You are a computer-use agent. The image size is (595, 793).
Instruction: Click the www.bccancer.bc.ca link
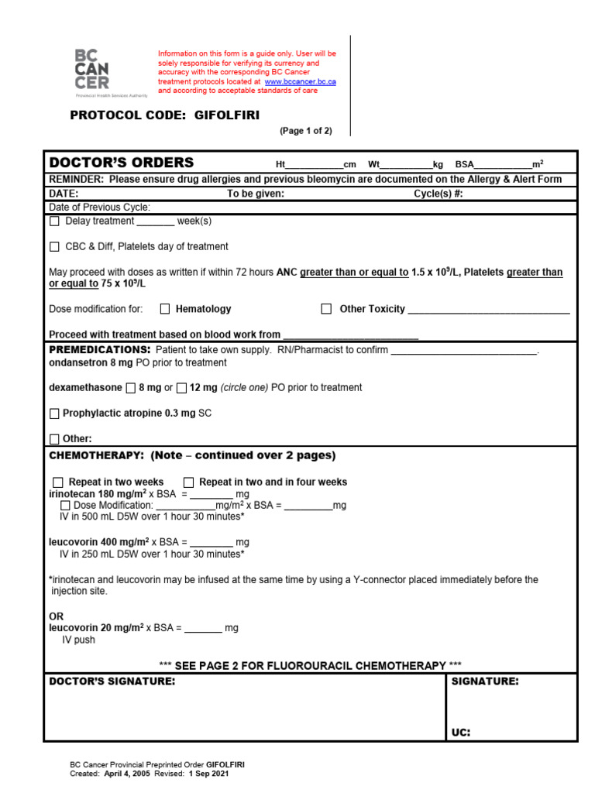300,81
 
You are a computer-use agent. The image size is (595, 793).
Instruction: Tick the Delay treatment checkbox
54,221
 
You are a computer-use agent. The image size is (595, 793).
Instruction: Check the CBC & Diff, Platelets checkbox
54,247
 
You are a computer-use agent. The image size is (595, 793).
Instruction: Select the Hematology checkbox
165,309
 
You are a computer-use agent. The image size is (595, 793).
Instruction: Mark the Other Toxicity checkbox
326,309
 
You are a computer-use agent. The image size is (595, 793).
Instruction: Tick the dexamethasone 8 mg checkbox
130,388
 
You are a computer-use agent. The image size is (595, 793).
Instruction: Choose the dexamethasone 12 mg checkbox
181,388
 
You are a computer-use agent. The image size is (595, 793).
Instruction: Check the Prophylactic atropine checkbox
54,414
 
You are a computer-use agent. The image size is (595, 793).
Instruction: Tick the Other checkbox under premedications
54,439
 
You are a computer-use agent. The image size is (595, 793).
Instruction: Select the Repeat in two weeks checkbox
58,482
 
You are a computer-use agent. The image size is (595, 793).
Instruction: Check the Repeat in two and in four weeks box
188,482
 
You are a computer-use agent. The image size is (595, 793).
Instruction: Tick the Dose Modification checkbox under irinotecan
65,506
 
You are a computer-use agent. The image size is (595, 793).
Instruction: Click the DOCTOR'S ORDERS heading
122,163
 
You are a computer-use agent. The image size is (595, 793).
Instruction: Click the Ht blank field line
315,166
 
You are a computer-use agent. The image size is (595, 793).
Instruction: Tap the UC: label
461,732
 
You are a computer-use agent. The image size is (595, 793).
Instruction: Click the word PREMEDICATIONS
94,350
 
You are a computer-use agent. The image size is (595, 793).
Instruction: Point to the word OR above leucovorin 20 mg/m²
56,616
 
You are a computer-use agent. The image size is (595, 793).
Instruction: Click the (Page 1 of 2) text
305,131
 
